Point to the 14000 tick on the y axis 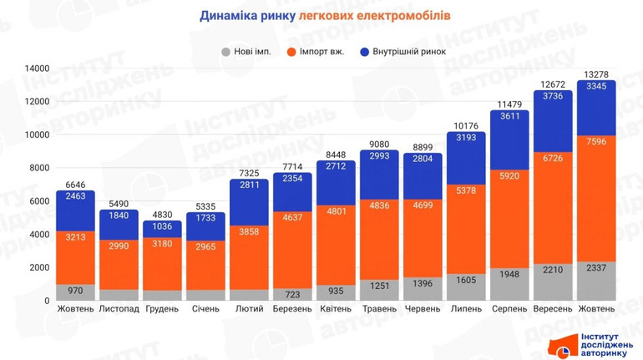[36, 68]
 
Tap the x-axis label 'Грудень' [162, 309]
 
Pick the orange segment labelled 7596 [597, 198]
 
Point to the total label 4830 [162, 214]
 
